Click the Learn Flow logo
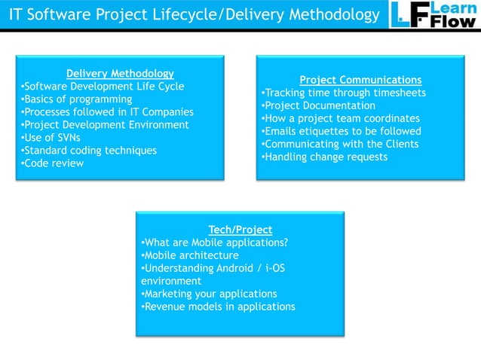(x=434, y=15)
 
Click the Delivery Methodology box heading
(x=120, y=73)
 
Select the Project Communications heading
(x=360, y=80)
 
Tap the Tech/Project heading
(x=240, y=229)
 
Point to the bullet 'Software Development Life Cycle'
(x=103, y=86)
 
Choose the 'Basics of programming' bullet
(x=77, y=99)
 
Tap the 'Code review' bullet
(x=53, y=163)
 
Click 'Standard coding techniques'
(x=90, y=150)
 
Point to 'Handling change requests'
(x=324, y=157)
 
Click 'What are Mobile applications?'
(x=215, y=242)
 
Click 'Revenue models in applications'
(x=218, y=306)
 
